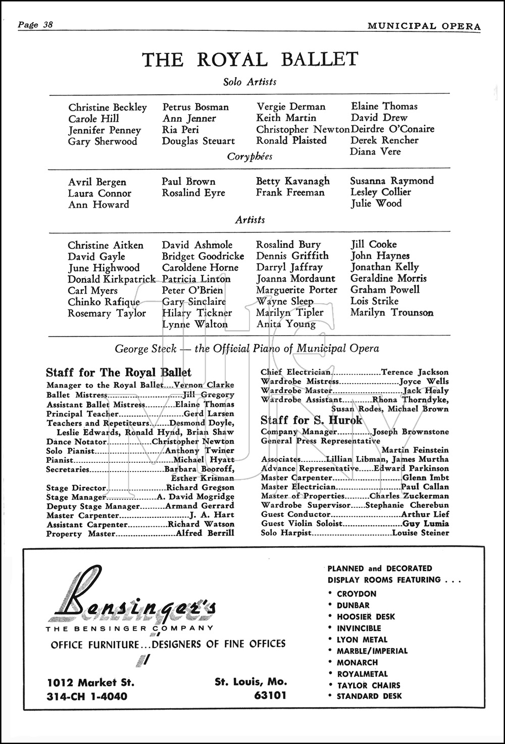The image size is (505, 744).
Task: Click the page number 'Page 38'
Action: click(x=35, y=25)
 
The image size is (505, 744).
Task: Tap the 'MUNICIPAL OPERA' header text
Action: click(x=424, y=26)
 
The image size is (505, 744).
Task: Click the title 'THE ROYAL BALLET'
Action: click(x=250, y=60)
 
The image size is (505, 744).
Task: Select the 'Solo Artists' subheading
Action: click(x=250, y=82)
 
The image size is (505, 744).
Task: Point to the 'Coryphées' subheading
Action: click(x=250, y=156)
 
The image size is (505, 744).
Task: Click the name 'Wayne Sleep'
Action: click(x=285, y=301)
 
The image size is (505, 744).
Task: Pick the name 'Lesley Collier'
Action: click(x=380, y=192)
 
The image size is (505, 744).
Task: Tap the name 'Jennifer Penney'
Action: click(x=105, y=130)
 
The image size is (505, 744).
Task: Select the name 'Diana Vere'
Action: click(x=375, y=151)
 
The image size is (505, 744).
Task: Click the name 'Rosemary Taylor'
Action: click(x=107, y=313)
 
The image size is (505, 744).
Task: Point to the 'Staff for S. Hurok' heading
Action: click(x=312, y=420)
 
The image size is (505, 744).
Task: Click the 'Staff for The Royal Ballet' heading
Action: click(x=119, y=373)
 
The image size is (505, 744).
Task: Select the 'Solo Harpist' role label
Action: click(x=286, y=533)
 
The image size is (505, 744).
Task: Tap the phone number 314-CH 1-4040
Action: click(x=87, y=697)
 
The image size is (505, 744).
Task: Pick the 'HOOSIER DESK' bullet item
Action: click(x=366, y=617)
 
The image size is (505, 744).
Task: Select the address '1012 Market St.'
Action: click(x=90, y=682)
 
